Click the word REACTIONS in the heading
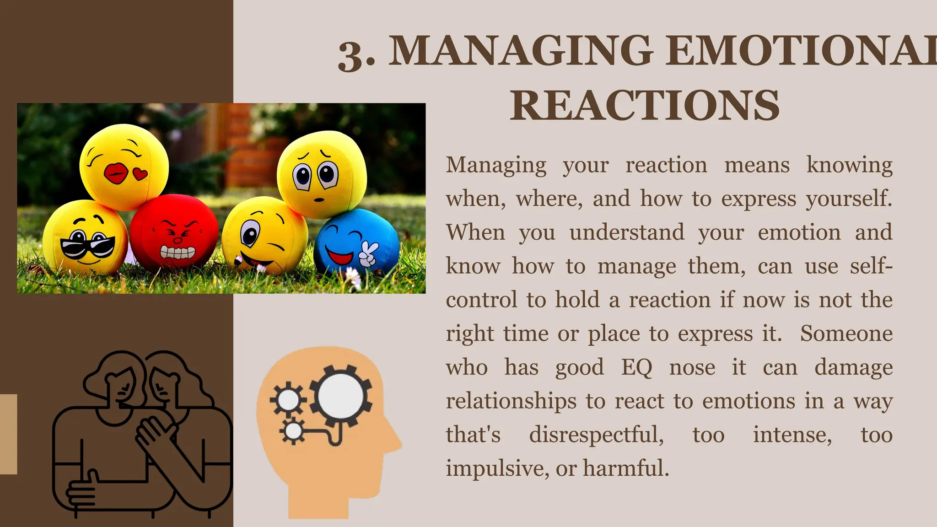645,106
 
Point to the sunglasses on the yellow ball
88,247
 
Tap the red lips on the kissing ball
116,173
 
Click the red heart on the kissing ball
140,173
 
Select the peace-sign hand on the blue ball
368,254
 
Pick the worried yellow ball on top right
322,174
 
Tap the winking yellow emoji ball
264,236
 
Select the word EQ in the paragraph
636,368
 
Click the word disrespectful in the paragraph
596,435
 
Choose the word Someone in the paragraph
846,333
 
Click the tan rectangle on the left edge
8,434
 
